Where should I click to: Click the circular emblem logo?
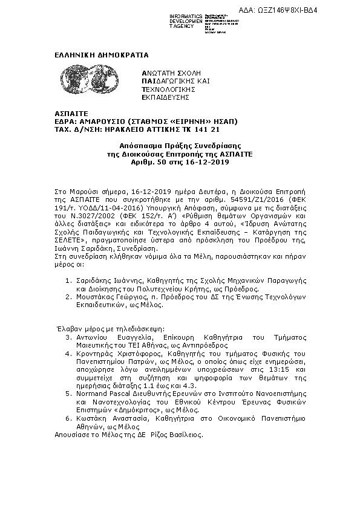(116, 79)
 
